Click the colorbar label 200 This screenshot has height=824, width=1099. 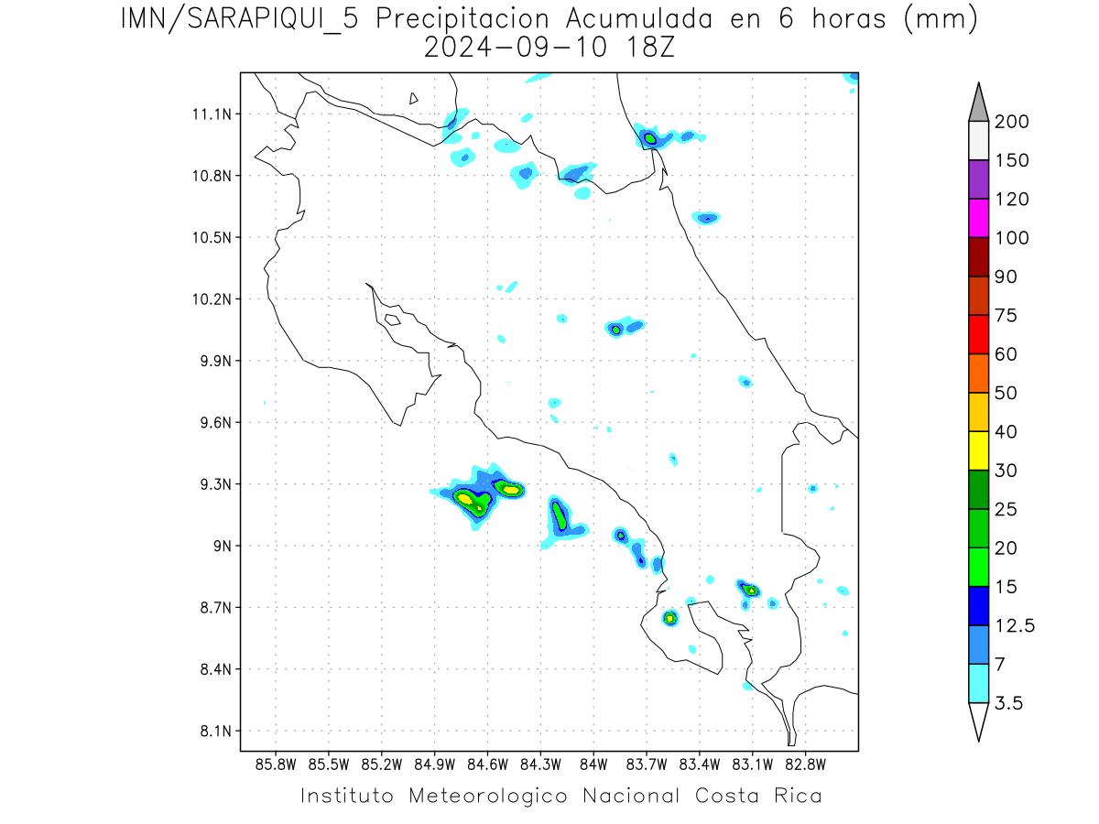(x=1012, y=122)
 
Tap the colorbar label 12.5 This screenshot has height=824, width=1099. (x=1015, y=625)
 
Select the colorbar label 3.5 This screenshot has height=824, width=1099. (x=1009, y=703)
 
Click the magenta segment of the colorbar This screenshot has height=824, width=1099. (x=978, y=218)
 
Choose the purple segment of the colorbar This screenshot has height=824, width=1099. (x=978, y=179)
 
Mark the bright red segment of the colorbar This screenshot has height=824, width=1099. (x=978, y=334)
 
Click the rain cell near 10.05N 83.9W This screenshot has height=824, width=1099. (x=617, y=329)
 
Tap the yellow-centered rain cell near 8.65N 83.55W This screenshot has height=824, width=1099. (x=670, y=618)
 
